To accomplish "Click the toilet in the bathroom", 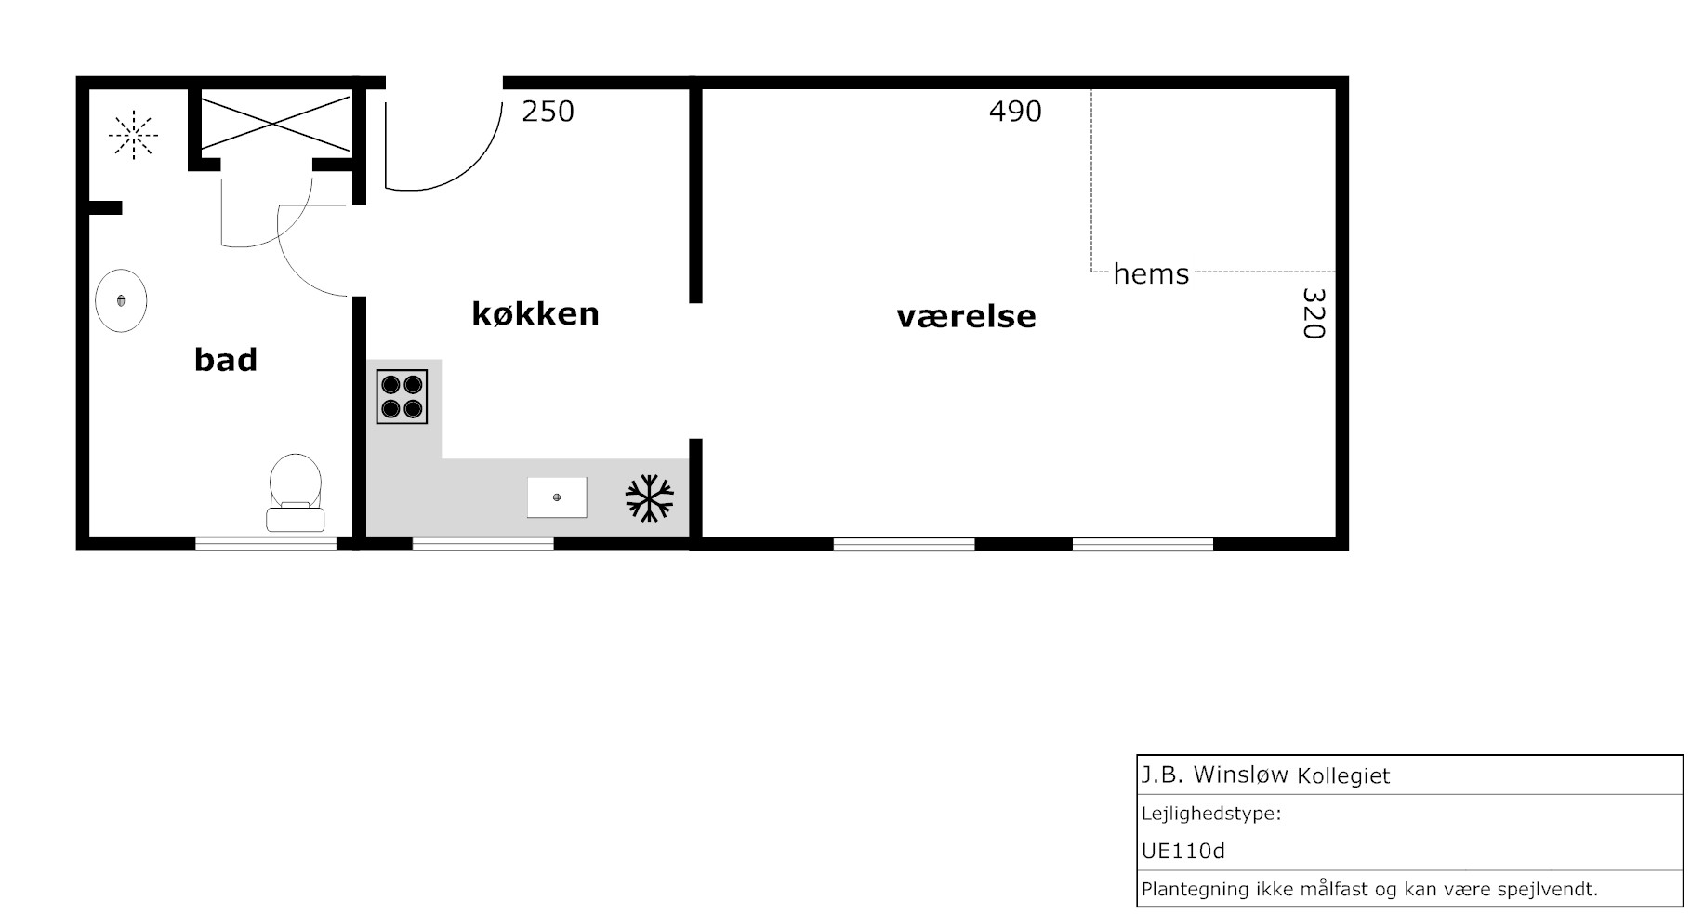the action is tap(296, 493).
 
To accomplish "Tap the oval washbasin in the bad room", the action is tap(121, 300).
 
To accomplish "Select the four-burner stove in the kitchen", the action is tap(402, 397).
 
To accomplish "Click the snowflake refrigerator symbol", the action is tap(649, 498).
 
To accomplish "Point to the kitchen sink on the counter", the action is tap(557, 497).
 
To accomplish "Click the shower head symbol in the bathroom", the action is tap(133, 136).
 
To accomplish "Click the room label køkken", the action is tap(535, 313).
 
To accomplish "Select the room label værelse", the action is tap(966, 316).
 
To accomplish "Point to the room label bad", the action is tap(226, 359).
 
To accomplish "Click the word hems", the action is tap(1151, 274).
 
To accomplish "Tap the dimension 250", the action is tap(548, 112).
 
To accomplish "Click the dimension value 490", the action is tap(1015, 112).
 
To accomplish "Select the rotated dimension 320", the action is tap(1313, 313).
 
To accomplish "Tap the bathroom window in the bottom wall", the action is tap(266, 544).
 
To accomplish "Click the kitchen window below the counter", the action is tap(483, 544).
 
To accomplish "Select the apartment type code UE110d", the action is tap(1183, 851).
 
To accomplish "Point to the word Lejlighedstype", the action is tap(1211, 815).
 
